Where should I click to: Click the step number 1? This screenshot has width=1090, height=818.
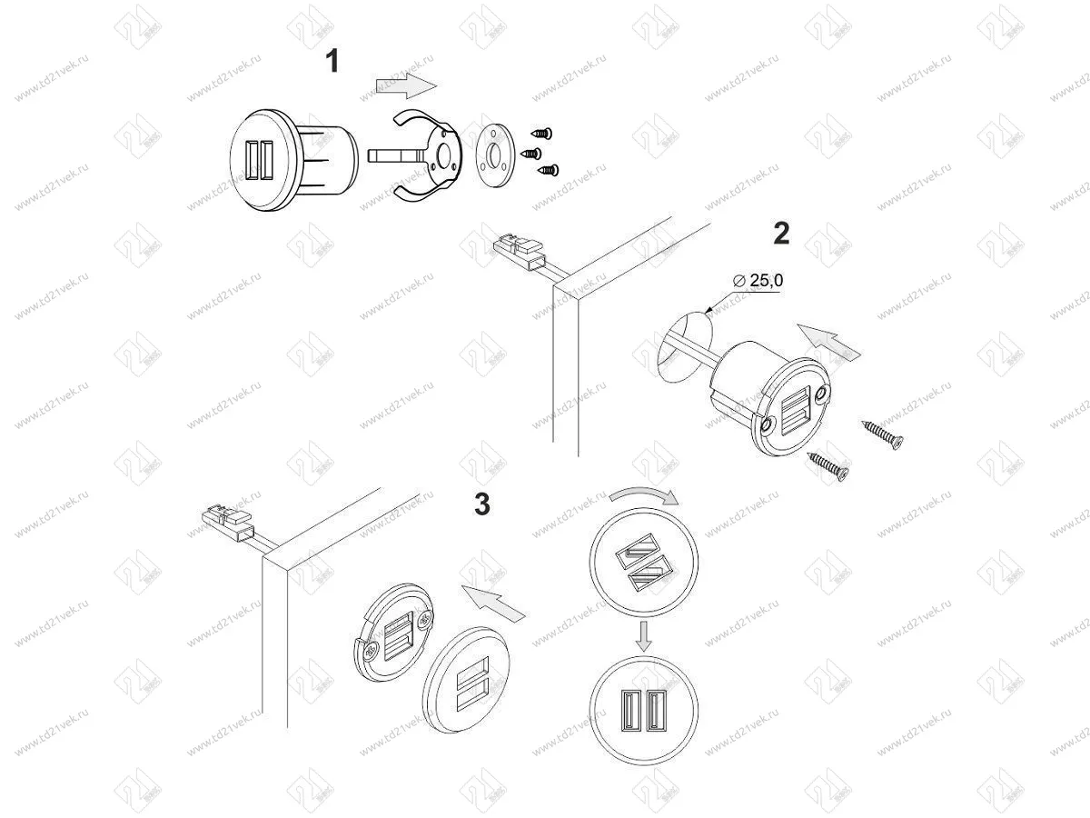[332, 62]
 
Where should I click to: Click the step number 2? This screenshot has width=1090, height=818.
[781, 234]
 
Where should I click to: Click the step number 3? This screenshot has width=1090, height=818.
[482, 504]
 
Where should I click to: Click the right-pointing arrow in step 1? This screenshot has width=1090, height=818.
[406, 86]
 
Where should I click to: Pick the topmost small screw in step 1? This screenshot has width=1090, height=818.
[542, 134]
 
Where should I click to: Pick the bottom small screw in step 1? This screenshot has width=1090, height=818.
[547, 169]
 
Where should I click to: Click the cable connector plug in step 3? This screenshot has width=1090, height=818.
[224, 522]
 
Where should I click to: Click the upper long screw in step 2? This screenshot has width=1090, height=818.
[883, 435]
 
